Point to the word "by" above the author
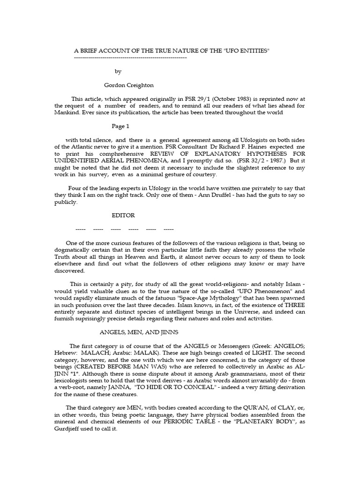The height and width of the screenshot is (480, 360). pos(118,71)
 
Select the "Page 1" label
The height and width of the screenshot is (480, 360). pos(120,126)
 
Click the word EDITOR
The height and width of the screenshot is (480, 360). pos(123,215)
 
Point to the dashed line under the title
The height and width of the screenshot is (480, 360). pos(131,57)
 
